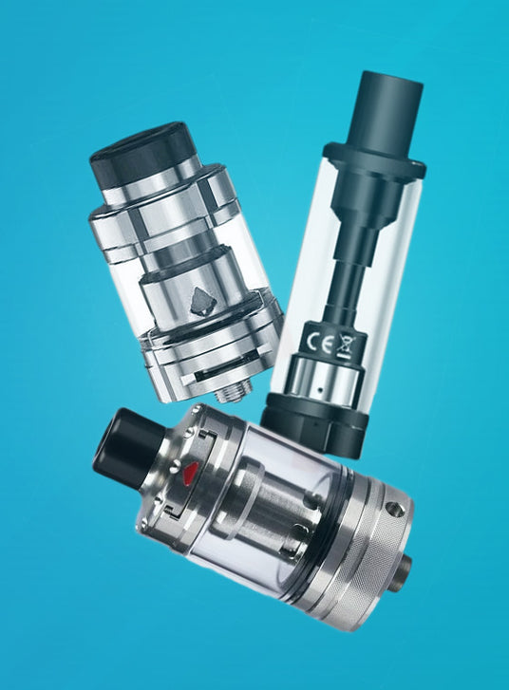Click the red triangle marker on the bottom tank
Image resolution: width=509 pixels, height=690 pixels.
point(188,472)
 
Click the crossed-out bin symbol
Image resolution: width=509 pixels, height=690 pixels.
point(345,345)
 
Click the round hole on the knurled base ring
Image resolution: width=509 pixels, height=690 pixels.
point(393,509)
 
